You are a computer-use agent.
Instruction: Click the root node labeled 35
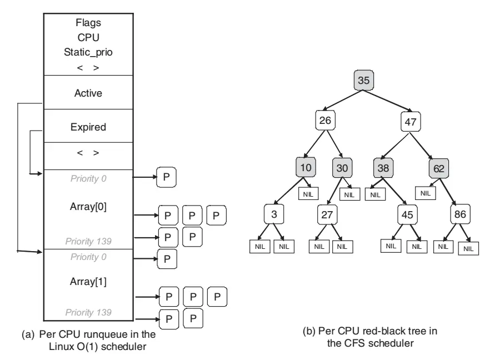click(x=363, y=81)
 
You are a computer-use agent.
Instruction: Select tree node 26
click(x=326, y=120)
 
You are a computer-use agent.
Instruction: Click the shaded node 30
click(x=343, y=168)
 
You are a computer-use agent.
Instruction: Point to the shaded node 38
click(x=383, y=168)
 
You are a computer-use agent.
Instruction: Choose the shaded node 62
click(x=438, y=168)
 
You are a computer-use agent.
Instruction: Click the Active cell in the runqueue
click(x=88, y=93)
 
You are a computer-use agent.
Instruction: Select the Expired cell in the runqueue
click(x=88, y=127)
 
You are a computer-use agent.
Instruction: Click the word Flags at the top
click(x=88, y=23)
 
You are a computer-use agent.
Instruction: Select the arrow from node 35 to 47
click(x=388, y=101)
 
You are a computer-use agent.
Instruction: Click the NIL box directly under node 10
click(x=308, y=194)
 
